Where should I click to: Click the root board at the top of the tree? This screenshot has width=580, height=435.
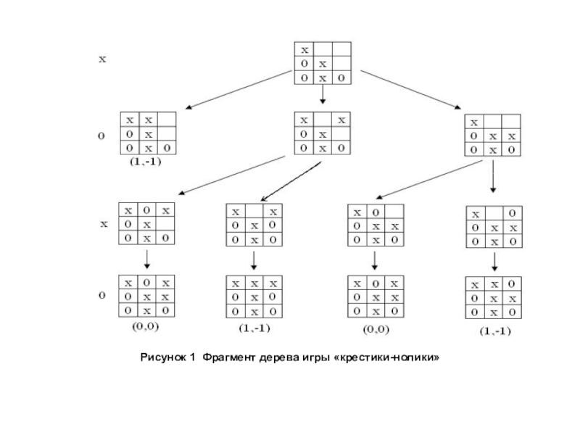[323, 64]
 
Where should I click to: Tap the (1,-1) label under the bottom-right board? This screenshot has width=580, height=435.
[494, 331]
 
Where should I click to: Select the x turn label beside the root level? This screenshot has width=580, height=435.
[102, 60]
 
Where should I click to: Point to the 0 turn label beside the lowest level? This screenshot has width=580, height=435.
[102, 296]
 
